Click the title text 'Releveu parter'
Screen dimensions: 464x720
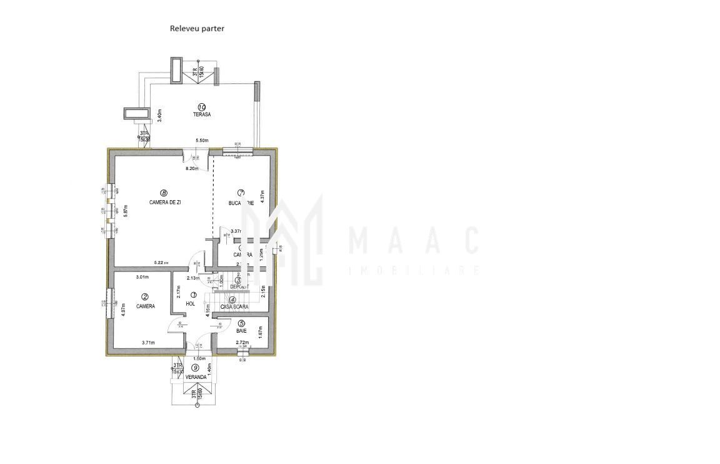coord(197,28)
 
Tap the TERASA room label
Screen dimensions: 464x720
coord(201,114)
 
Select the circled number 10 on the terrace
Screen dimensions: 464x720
coord(202,106)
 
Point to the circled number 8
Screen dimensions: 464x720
coord(164,193)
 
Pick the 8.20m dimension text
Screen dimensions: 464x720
coord(192,169)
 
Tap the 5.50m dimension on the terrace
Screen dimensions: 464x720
coord(201,141)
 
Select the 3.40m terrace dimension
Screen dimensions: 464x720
coord(160,116)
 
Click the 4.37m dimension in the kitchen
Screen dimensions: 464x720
coord(262,201)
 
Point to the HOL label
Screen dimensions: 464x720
coord(191,304)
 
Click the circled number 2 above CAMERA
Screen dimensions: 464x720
coord(145,297)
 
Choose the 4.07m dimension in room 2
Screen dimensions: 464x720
coord(123,310)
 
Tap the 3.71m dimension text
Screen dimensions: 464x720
coord(148,343)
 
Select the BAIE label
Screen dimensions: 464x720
coord(241,331)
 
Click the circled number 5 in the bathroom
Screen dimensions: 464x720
coord(241,323)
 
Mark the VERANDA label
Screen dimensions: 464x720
coord(196,377)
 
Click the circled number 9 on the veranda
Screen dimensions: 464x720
coord(196,368)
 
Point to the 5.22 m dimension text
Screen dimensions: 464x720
coord(161,263)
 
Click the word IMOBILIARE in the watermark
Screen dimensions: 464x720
coord(413,271)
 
